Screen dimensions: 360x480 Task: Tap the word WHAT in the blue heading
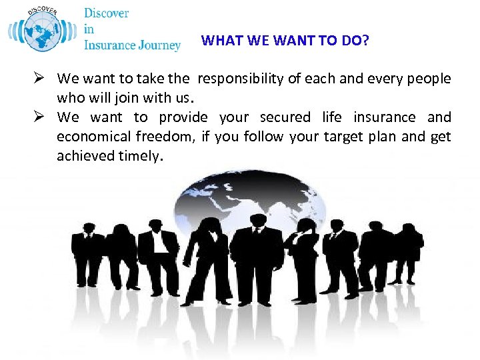point(217,41)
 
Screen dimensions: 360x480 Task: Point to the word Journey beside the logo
point(158,45)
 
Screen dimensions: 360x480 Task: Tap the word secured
point(285,118)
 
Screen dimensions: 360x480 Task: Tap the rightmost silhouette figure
point(407,250)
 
